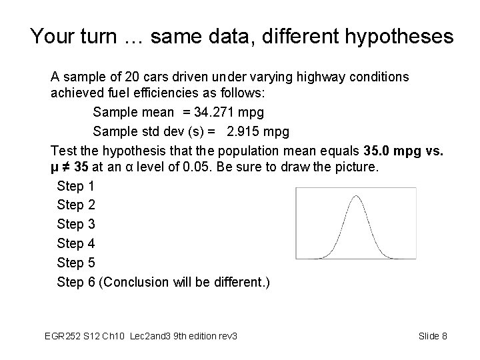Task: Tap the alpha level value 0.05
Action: [197, 167]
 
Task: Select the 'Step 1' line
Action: [76, 186]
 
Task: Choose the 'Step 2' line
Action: [76, 205]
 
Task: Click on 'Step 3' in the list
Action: [76, 224]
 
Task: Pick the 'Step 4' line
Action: [76, 243]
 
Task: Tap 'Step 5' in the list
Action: [76, 263]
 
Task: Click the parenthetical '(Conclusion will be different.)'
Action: [184, 282]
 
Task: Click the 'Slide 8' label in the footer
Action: [433, 336]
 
